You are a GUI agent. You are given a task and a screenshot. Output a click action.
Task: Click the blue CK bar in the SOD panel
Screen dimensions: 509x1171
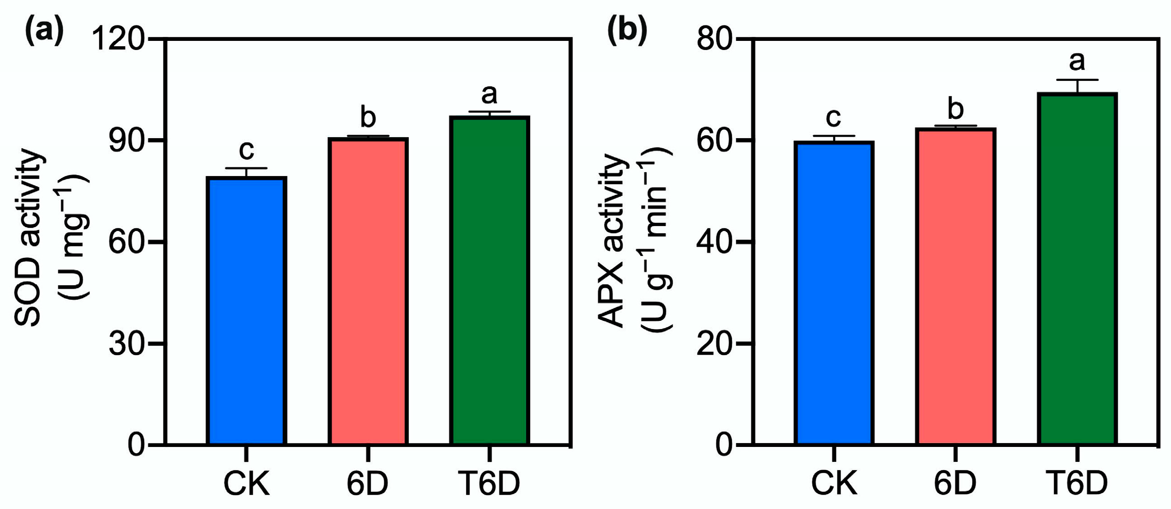pyautogui.click(x=247, y=310)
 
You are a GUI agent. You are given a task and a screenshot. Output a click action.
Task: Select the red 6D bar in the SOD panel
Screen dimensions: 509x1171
pyautogui.click(x=368, y=291)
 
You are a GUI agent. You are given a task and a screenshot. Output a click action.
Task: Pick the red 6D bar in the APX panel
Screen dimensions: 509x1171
pyautogui.click(x=956, y=286)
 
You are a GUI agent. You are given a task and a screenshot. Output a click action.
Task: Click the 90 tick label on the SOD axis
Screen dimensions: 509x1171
pyautogui.click(x=127, y=140)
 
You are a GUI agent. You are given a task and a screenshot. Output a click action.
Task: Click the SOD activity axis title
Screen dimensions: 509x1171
pyautogui.click(x=29, y=238)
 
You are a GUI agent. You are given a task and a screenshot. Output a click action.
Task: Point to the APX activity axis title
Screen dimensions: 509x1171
pyautogui.click(x=612, y=241)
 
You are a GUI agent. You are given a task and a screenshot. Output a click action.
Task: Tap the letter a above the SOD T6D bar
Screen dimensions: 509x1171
pyautogui.click(x=490, y=94)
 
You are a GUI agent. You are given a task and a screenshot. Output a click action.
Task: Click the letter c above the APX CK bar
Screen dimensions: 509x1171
pyautogui.click(x=833, y=117)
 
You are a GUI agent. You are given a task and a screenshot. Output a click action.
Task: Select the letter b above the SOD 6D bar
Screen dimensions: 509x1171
pyautogui.click(x=368, y=117)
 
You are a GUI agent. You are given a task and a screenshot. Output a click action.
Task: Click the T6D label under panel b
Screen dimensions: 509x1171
pyautogui.click(x=1077, y=483)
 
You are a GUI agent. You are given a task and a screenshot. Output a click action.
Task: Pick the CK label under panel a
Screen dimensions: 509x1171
pyautogui.click(x=247, y=483)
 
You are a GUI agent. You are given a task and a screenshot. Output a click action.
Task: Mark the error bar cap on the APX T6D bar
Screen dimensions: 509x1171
pyautogui.click(x=1077, y=80)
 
